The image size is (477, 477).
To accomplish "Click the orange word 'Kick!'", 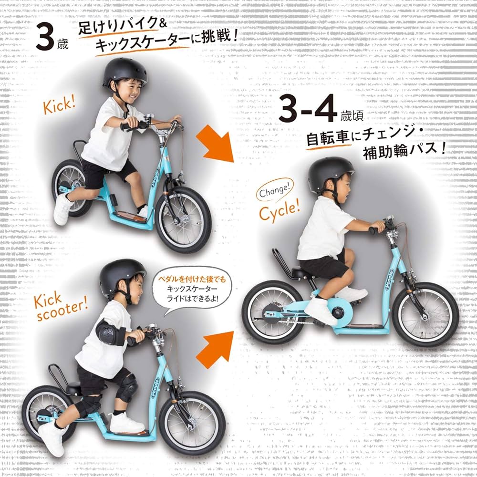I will pos(60,105).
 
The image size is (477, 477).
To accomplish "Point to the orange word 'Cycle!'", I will pos(280,209).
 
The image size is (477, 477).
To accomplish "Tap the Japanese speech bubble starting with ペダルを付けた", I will pos(191,289).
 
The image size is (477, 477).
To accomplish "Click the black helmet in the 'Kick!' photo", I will pos(124,72).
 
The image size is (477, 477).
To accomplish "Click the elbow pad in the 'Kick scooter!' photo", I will pos(110,332).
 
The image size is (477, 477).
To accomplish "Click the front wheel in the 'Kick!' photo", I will pos(183,219).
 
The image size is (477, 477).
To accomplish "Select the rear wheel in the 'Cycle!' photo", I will pos(272,312).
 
